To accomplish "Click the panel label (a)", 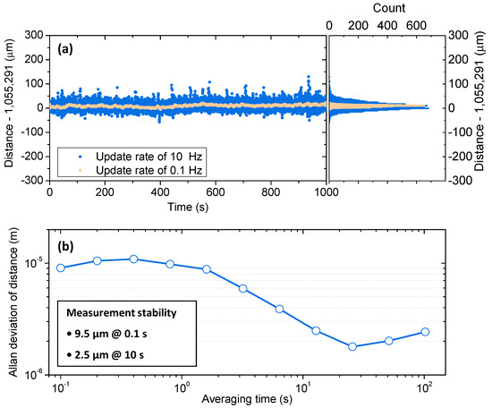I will click(65, 47).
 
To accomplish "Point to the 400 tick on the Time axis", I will click(160, 191).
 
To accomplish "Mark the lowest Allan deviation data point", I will click(352, 346).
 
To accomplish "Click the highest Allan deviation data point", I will click(133, 259).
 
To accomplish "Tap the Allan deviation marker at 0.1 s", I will click(61, 268).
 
